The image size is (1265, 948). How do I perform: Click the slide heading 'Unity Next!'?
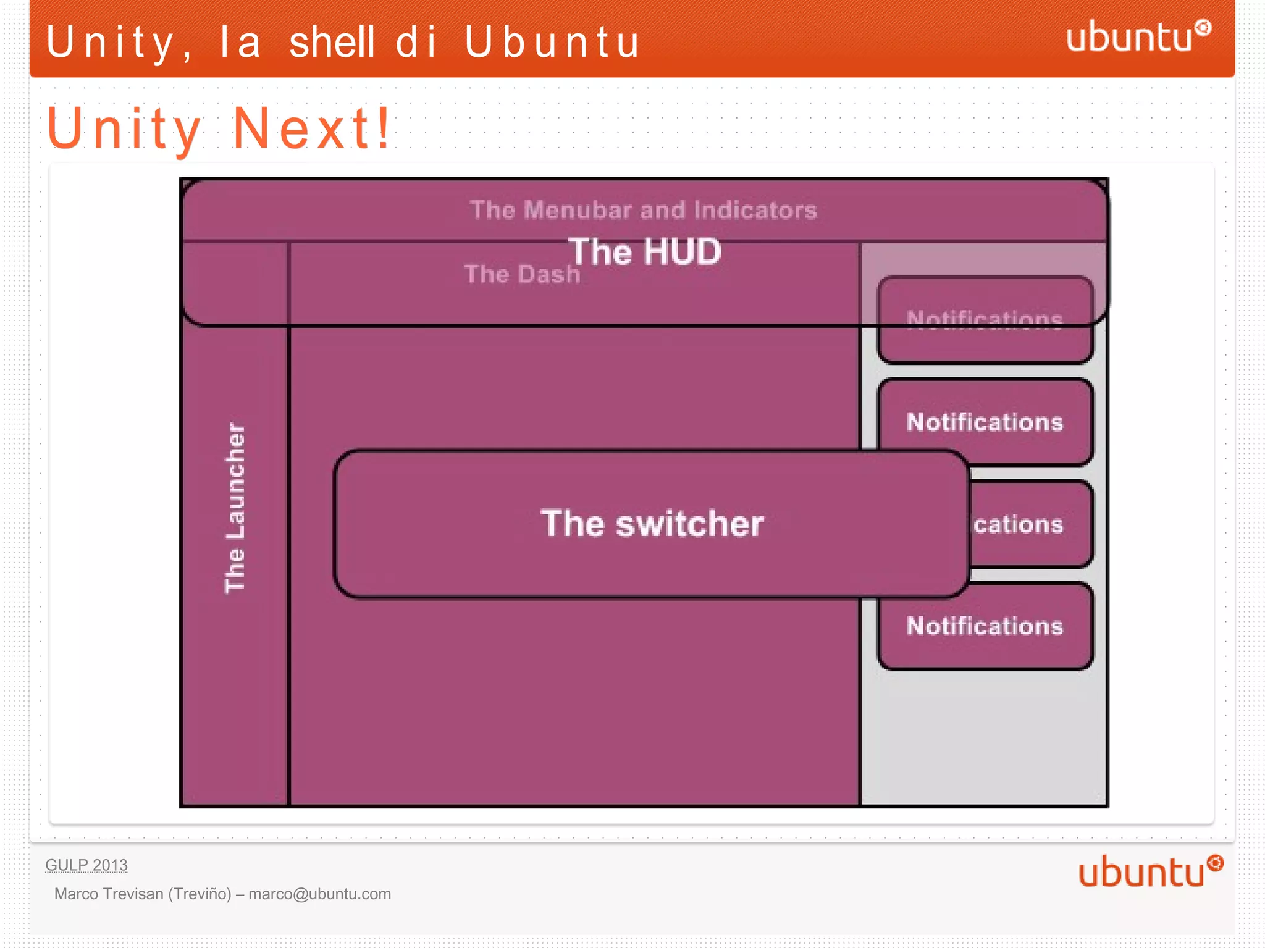[219, 128]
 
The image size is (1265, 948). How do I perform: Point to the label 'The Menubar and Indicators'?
[643, 210]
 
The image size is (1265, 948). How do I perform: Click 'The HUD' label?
[644, 251]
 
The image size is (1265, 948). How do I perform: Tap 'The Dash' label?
[522, 274]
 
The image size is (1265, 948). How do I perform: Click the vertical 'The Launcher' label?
[235, 507]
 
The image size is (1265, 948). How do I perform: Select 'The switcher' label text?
[652, 524]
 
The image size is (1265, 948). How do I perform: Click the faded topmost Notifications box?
[985, 319]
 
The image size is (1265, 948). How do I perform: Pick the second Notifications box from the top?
[985, 422]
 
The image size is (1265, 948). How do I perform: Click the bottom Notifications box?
[985, 626]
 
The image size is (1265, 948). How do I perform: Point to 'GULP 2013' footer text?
[86, 865]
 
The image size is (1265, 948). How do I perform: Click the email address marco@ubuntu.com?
[319, 894]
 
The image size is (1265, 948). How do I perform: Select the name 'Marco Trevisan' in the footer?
[109, 894]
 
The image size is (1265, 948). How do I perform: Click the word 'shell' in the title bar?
[332, 42]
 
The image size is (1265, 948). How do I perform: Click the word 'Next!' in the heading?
[312, 128]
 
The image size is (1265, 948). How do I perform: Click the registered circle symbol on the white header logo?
[1202, 27]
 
